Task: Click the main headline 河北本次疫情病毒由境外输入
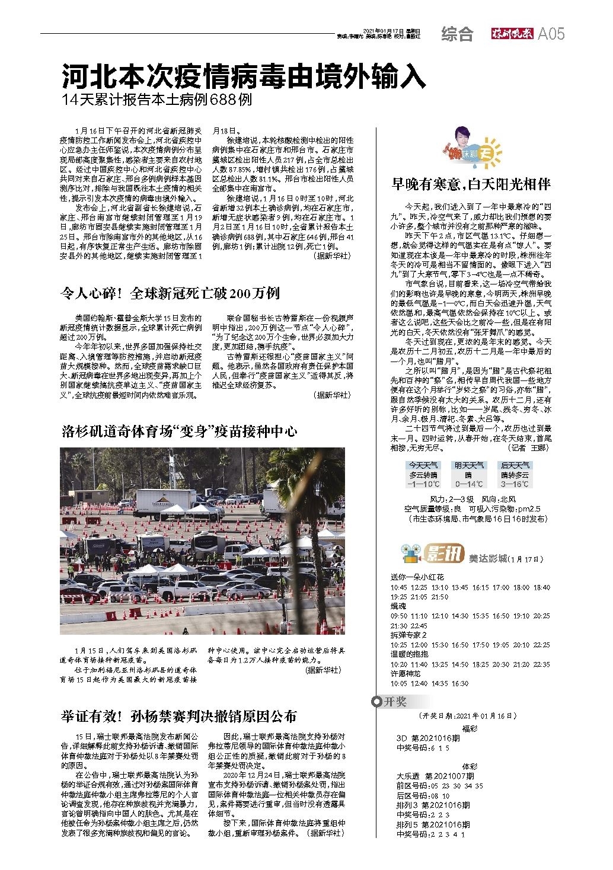[244, 76]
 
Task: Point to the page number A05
[551, 34]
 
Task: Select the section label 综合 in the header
[457, 34]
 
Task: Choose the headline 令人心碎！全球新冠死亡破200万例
[171, 293]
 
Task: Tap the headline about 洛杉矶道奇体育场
[179, 431]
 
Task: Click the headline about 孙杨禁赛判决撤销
[179, 716]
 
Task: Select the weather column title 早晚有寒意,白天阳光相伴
[471, 184]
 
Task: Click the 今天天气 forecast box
[423, 475]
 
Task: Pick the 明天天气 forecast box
[469, 475]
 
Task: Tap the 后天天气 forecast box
[515, 475]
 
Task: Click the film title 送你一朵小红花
[417, 577]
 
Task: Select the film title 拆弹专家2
[408, 635]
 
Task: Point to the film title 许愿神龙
[406, 674]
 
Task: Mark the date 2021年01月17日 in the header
[382, 31]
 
